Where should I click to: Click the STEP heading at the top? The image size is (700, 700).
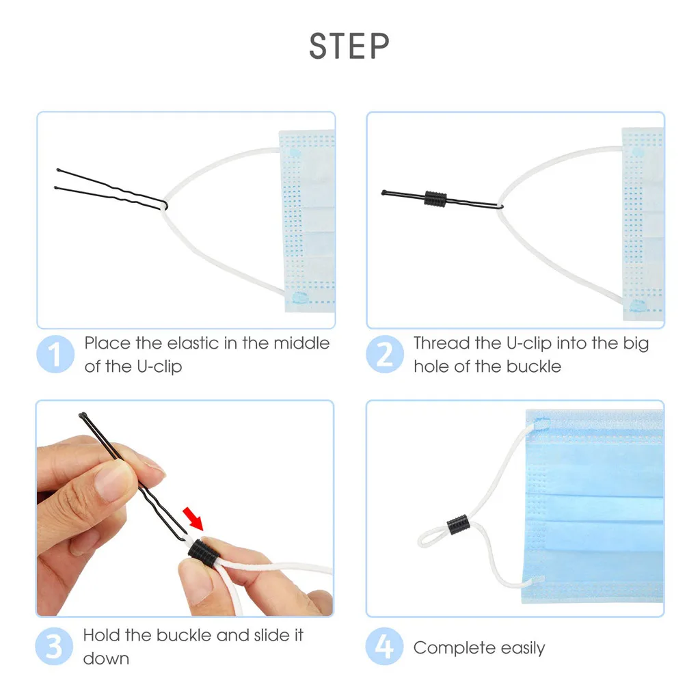click(x=349, y=46)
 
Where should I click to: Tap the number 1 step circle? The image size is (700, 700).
click(x=55, y=354)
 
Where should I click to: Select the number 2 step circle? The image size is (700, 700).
click(x=385, y=354)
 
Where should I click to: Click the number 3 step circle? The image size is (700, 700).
click(x=54, y=646)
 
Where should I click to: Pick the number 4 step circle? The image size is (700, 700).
click(x=384, y=646)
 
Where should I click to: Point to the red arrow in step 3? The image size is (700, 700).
click(x=193, y=518)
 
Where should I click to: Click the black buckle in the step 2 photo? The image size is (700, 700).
click(x=435, y=199)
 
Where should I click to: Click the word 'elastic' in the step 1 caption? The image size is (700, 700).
click(x=193, y=343)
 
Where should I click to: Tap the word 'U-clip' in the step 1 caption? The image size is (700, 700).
click(x=159, y=366)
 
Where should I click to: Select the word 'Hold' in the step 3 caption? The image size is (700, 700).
click(x=102, y=635)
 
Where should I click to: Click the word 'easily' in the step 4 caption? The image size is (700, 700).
click(x=523, y=648)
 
